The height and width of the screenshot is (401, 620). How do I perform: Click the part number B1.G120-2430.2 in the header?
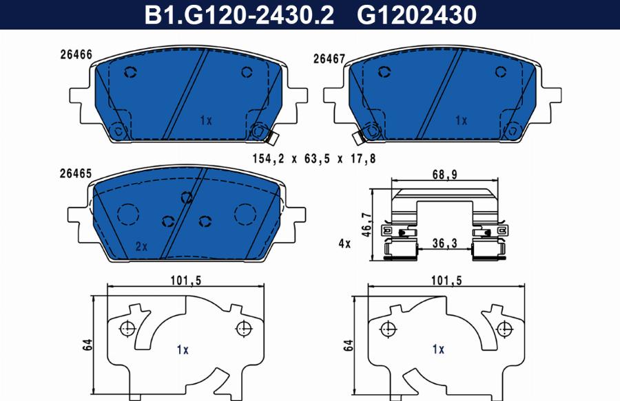coord(239,15)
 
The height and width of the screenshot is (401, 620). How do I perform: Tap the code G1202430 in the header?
coord(417,15)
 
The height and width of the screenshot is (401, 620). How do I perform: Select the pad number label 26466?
coord(76,54)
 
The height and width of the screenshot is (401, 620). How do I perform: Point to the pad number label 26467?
coord(329,58)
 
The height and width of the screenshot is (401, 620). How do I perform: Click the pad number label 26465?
coord(76,173)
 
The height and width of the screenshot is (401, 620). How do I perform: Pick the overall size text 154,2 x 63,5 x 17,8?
coord(314,159)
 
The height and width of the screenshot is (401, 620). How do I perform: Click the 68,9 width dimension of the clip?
coord(444,175)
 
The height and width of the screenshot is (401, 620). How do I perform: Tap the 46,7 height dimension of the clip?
coord(367,225)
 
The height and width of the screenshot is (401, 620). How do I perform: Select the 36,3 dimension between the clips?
coord(444,243)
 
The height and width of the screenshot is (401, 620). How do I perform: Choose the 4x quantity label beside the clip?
coord(344,243)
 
